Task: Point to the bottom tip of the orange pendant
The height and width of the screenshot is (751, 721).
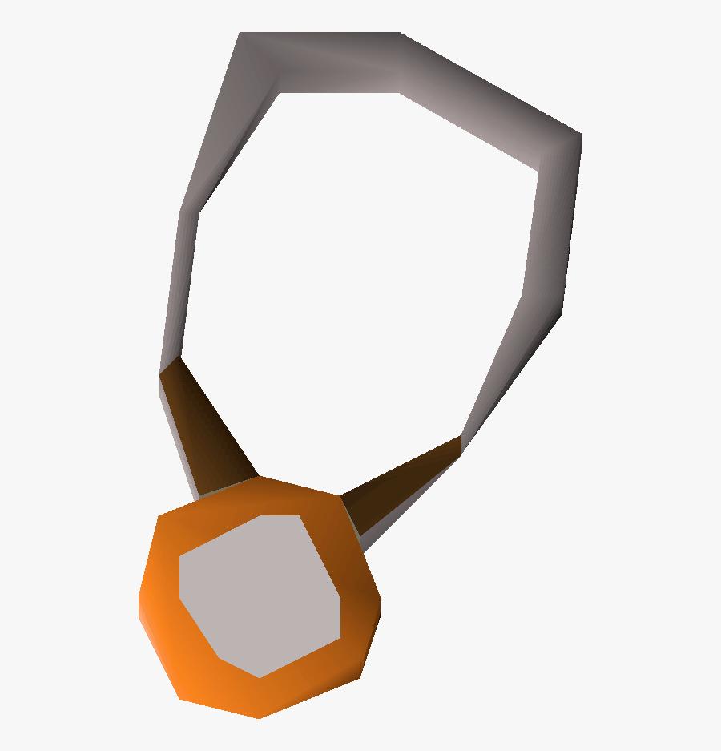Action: [258, 716]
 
